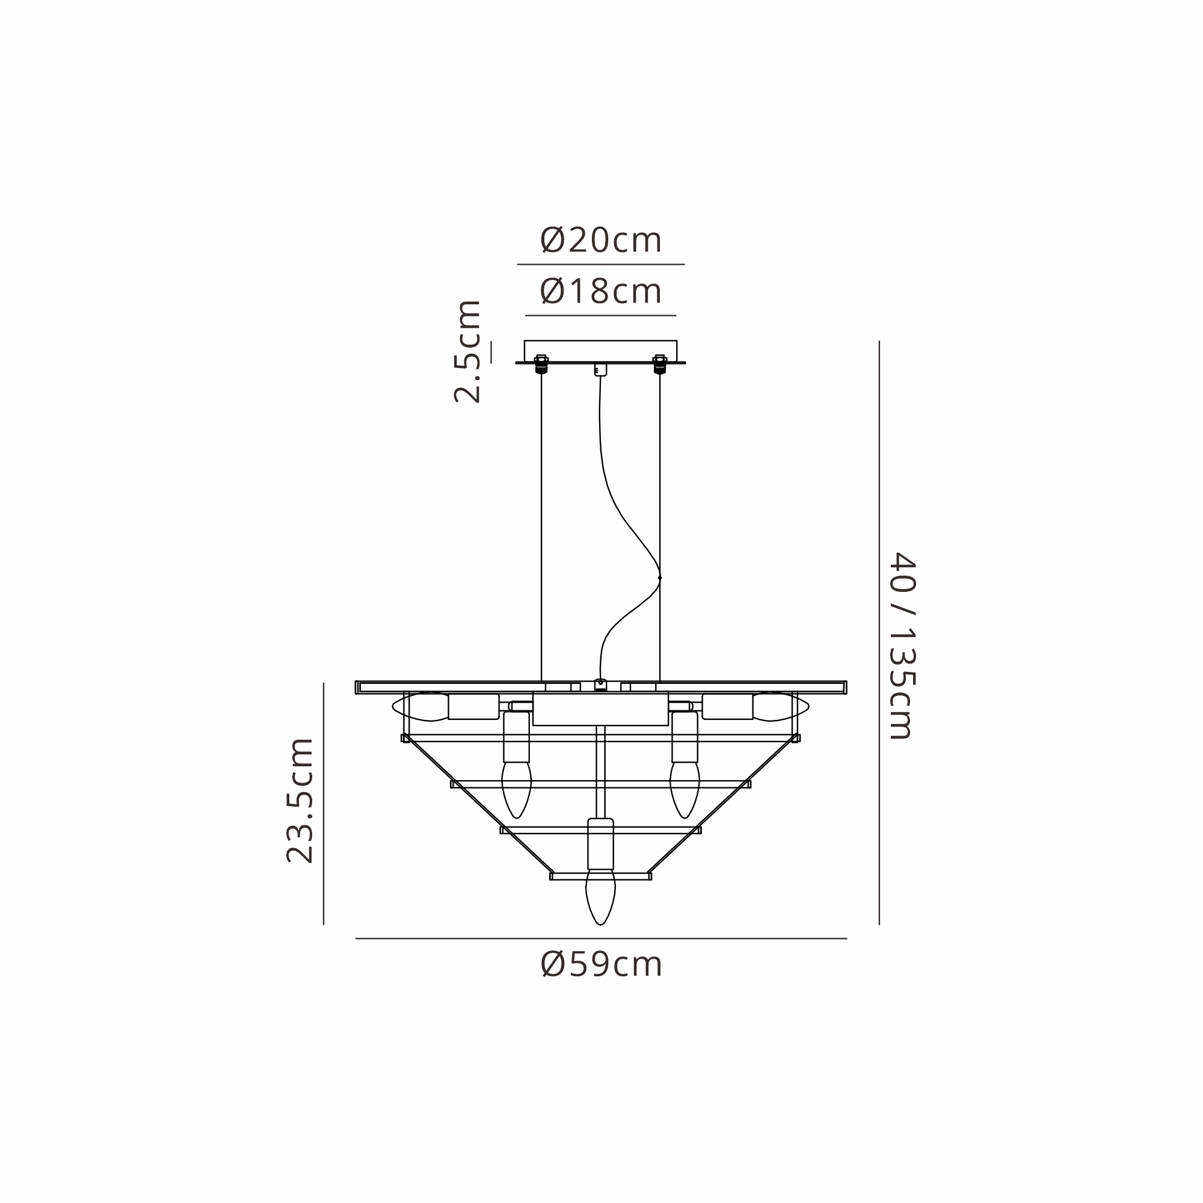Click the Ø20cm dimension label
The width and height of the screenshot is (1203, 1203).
601,241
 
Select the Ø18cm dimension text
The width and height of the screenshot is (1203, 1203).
601,291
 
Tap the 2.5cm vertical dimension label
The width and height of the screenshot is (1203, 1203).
467,352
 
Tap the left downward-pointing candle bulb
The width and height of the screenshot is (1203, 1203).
517,790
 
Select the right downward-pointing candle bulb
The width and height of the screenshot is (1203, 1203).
685,790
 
